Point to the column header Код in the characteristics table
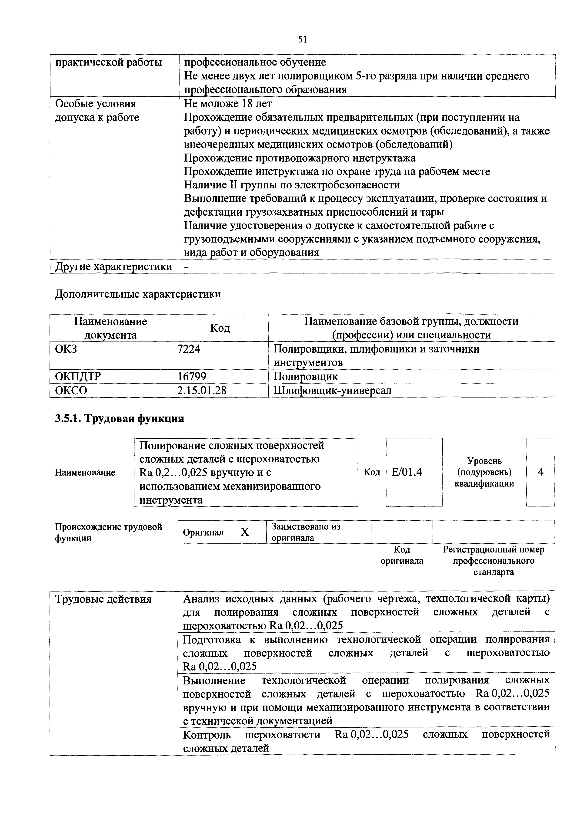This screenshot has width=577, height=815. [220, 328]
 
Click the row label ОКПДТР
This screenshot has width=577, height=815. [78, 376]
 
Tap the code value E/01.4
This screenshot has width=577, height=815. [407, 472]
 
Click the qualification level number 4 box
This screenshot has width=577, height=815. [540, 472]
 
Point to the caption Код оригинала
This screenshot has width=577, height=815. [402, 555]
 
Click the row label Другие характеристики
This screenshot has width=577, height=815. [114, 266]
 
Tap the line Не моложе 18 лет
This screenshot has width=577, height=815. [228, 104]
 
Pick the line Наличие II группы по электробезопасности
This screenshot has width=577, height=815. [292, 185]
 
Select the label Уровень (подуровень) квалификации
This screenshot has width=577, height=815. [484, 472]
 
